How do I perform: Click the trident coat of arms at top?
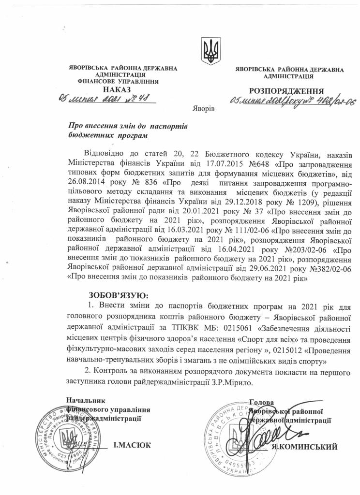point(210,51)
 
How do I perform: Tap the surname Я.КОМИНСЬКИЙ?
point(304,447)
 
